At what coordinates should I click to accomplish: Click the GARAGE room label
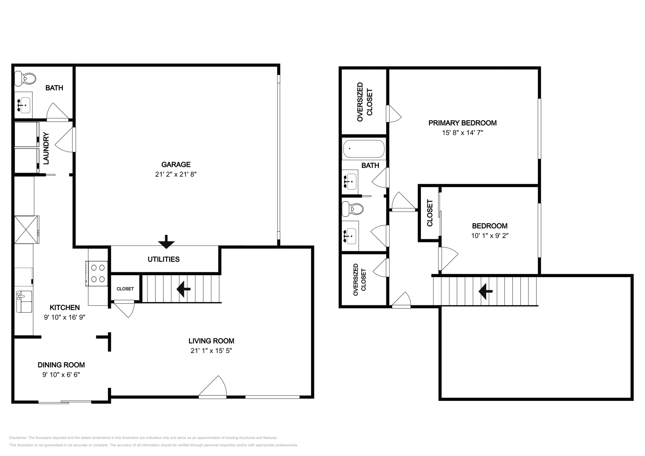pyautogui.click(x=176, y=164)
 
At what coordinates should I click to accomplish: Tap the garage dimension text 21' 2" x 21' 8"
pyautogui.click(x=176, y=174)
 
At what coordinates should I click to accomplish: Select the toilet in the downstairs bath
pyautogui.click(x=25, y=78)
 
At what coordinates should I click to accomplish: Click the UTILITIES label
pyautogui.click(x=163, y=259)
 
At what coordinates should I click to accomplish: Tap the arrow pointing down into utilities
pyautogui.click(x=166, y=242)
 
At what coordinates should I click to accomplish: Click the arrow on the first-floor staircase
pyautogui.click(x=183, y=288)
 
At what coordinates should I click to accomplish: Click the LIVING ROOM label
pyautogui.click(x=211, y=341)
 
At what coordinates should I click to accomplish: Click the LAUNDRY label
pyautogui.click(x=46, y=148)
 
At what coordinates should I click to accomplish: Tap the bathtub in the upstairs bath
pyautogui.click(x=363, y=149)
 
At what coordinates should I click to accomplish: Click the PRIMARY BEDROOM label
pyautogui.click(x=462, y=123)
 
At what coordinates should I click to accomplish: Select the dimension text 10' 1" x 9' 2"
pyautogui.click(x=489, y=236)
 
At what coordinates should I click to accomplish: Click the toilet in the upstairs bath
pyautogui.click(x=352, y=209)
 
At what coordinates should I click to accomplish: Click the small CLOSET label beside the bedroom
pyautogui.click(x=430, y=213)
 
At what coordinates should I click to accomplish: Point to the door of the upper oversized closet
pyautogui.click(x=393, y=114)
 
